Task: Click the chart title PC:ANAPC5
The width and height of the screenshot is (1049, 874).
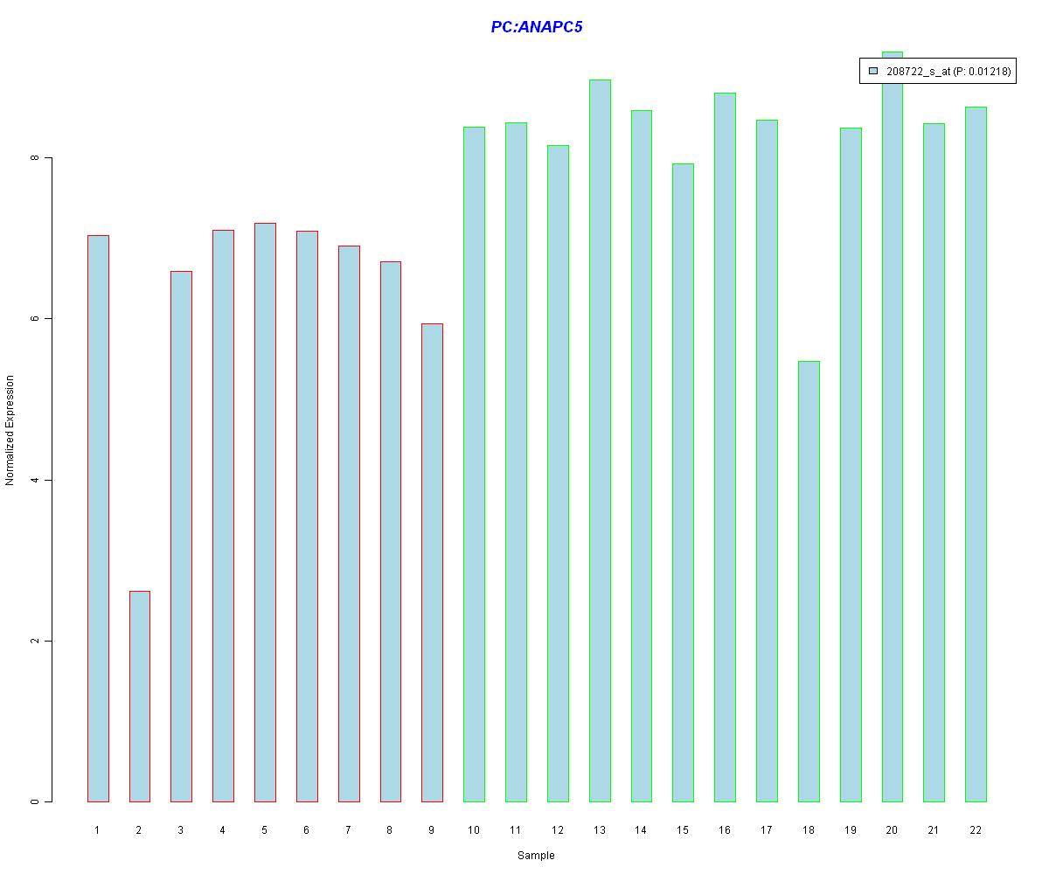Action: (536, 27)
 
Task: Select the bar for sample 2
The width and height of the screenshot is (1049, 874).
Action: (139, 696)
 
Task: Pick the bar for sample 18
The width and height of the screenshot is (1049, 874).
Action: (809, 581)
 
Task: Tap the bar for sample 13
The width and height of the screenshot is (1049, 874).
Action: (600, 440)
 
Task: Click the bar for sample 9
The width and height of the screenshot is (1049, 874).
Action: (432, 562)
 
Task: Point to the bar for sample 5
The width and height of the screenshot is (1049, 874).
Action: (265, 512)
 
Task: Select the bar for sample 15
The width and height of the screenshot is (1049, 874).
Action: (683, 482)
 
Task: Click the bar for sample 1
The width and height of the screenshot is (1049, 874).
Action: (98, 518)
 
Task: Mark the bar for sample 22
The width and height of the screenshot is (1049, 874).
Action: (976, 454)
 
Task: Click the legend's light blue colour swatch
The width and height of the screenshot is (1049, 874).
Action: (872, 72)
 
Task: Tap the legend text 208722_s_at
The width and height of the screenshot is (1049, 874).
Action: (917, 72)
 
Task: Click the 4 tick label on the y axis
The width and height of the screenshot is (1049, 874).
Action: (36, 480)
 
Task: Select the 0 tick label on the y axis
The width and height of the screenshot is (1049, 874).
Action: (36, 801)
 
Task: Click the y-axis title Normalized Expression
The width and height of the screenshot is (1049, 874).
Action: (10, 430)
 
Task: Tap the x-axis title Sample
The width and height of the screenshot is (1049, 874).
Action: (536, 856)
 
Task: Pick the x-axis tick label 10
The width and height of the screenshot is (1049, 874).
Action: (473, 830)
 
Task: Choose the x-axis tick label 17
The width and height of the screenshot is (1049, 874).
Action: (766, 830)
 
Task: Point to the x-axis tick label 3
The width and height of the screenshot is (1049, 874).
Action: (181, 830)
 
